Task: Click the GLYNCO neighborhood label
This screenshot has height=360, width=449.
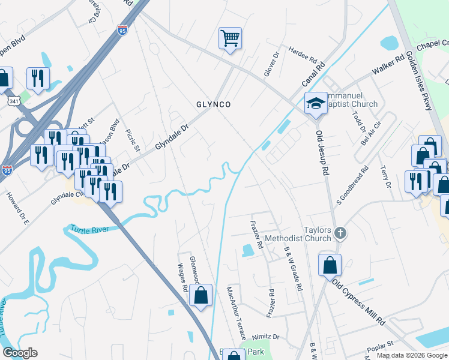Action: click(214, 104)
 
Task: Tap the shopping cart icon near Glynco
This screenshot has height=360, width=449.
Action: click(230, 38)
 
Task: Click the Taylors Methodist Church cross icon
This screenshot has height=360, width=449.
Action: click(340, 232)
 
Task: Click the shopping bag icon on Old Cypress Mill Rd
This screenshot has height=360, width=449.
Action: click(330, 265)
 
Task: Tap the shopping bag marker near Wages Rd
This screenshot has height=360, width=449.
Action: click(201, 295)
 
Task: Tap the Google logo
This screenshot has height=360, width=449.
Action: click(19, 353)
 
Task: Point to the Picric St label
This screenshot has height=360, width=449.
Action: click(133, 140)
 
